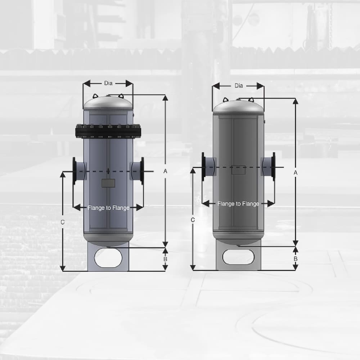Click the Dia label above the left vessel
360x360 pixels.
tap(108, 83)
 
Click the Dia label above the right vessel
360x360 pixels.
tap(239, 86)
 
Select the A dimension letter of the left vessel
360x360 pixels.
tap(165, 171)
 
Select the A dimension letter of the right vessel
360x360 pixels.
tap(295, 173)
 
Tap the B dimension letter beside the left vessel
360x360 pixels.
tap(165, 259)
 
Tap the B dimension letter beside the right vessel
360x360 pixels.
tap(295, 258)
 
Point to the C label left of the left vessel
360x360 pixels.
tap(62, 222)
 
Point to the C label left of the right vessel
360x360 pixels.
tap(193, 220)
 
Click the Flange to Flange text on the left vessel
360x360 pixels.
tap(108, 208)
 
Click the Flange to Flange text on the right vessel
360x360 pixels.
tap(238, 204)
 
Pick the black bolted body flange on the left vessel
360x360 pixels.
tap(108, 131)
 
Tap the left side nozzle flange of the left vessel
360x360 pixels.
tap(75, 171)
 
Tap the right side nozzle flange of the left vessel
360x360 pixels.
tap(142, 171)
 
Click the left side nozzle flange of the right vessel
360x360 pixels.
tap(204, 166)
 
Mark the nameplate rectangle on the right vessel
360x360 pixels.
tap(238, 170)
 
